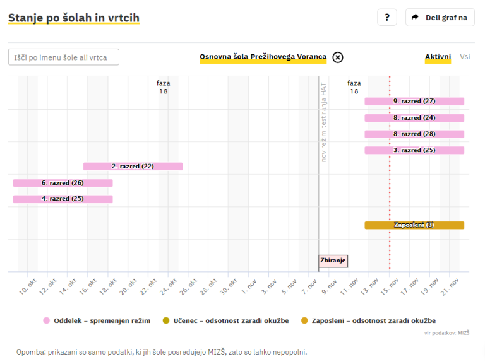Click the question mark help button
[x=386, y=18]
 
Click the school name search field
[x=64, y=57]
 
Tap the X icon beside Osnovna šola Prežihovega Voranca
[x=338, y=57]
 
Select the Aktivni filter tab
[x=438, y=57]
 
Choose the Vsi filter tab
[x=465, y=57]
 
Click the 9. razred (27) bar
[x=414, y=101]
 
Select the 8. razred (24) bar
[x=414, y=117]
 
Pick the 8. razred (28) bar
[x=414, y=134]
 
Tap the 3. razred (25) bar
[x=414, y=150]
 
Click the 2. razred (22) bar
[x=133, y=167]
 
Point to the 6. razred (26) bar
[x=63, y=183]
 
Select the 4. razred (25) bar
[x=63, y=199]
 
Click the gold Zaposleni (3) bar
[x=414, y=225]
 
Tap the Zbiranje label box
[x=333, y=261]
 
